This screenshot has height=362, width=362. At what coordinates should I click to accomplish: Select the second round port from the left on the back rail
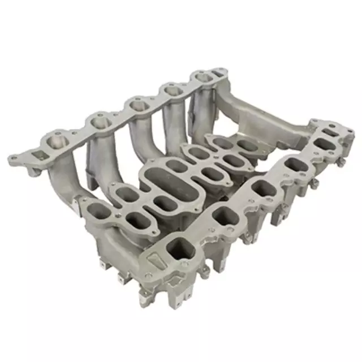tap(98, 120)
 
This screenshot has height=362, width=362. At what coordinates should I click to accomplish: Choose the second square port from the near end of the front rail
tap(226, 215)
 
